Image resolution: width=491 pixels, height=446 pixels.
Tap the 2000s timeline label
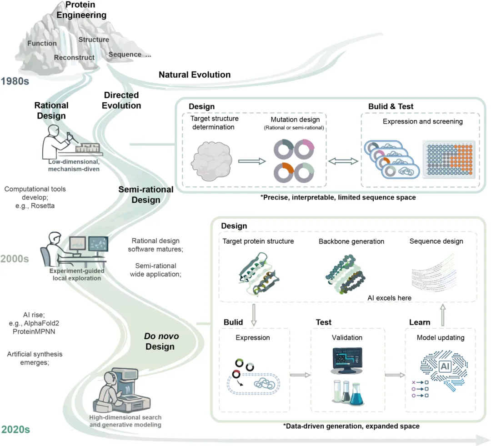[15, 259]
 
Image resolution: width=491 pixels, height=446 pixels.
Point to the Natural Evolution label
[195, 75]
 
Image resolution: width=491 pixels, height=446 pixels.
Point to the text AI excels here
[389, 298]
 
